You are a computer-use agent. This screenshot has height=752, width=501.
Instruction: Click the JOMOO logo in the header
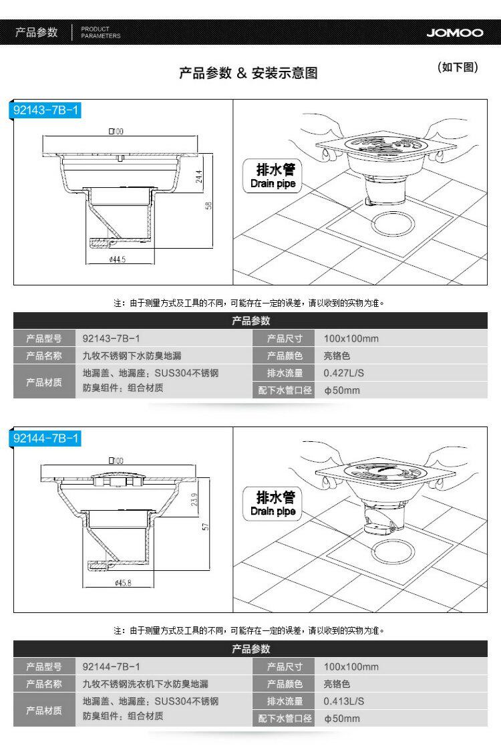pos(454,32)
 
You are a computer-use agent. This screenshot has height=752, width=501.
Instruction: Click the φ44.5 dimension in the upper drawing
pos(117,259)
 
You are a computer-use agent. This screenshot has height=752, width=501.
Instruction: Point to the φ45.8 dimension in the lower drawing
pos(122,583)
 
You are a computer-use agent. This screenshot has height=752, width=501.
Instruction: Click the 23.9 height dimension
pos(194,499)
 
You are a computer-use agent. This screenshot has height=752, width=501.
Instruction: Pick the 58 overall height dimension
pos(209,205)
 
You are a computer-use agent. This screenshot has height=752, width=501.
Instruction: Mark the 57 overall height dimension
pos(206,526)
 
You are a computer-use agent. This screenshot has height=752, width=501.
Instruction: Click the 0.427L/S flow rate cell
pos(344,373)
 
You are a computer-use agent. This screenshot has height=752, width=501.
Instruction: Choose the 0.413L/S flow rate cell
pos(344,701)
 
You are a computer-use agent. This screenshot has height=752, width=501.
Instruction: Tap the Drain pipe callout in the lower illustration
pos(273,503)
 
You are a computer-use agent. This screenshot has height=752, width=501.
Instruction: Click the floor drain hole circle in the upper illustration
pos(396,223)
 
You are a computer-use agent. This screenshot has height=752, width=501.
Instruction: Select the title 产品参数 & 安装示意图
pos(248,73)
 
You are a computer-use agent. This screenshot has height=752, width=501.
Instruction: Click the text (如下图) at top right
pos(458,68)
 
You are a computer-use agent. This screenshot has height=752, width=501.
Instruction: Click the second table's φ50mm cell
pos(342,719)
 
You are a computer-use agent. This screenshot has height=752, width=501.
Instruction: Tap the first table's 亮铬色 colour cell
pos(337,356)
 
